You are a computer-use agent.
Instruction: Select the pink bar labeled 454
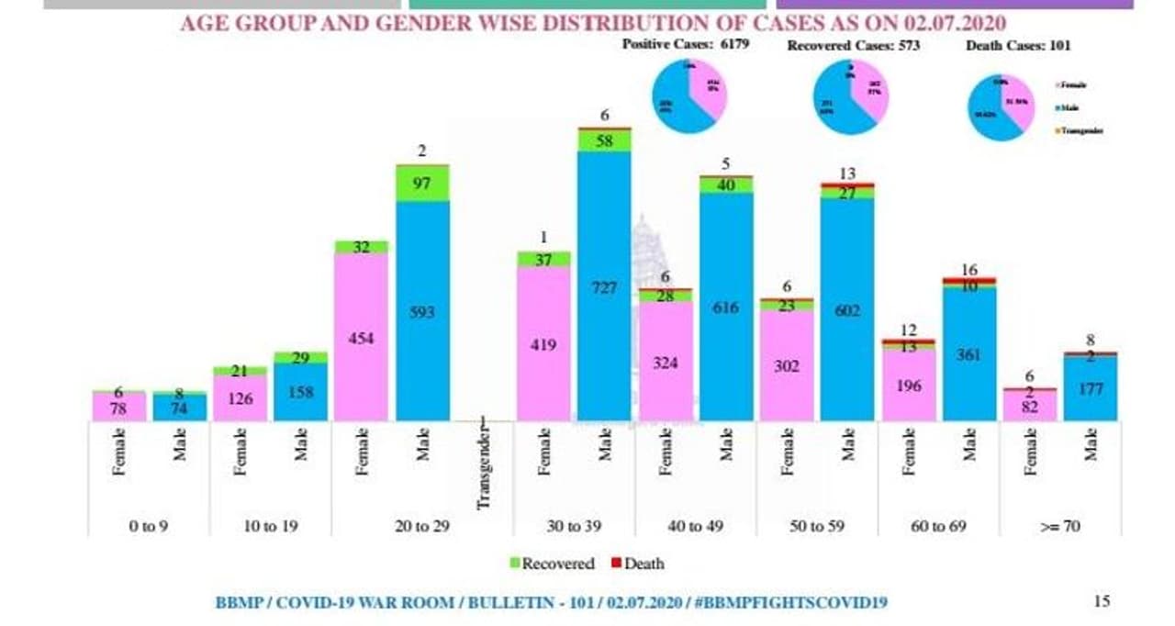point(361,337)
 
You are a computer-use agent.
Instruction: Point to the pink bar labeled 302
point(786,365)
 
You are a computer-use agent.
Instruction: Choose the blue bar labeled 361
point(969,353)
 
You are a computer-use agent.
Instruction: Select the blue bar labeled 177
point(1091,388)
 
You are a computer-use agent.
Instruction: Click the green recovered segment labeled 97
point(422,184)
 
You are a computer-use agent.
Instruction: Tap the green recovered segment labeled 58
point(604,140)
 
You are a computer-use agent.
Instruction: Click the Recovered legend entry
point(551,564)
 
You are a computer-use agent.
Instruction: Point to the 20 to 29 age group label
point(420,527)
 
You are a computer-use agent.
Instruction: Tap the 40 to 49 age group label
point(695,527)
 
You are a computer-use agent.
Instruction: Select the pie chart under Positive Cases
point(689,95)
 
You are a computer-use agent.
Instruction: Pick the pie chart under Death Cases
point(1002,106)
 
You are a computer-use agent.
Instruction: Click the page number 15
point(1102,601)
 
